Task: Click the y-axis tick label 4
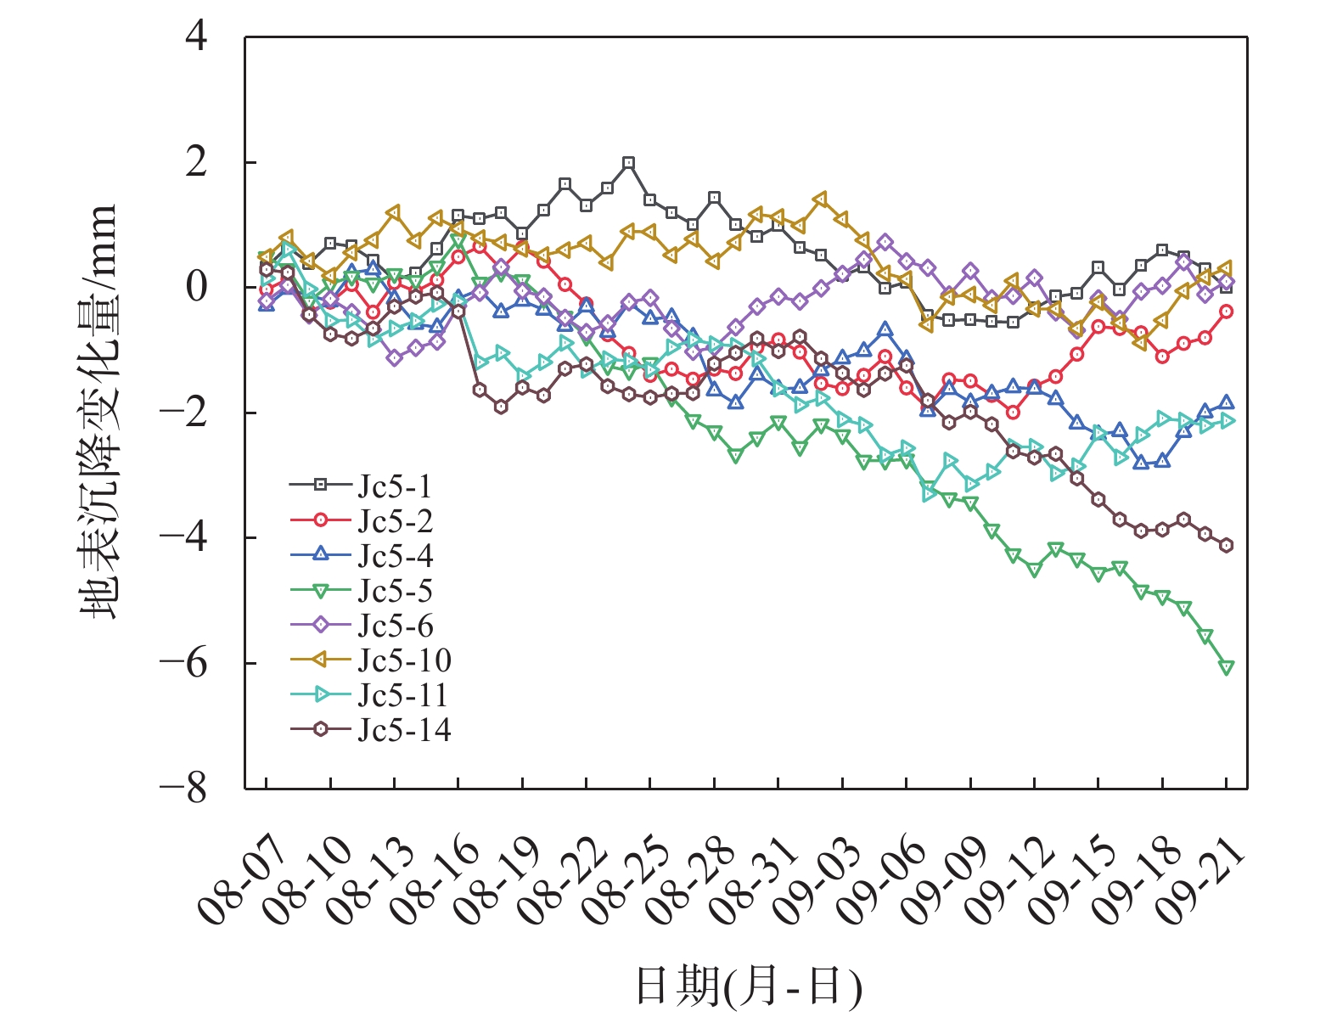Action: pyautogui.click(x=196, y=37)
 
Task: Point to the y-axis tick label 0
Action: pyautogui.click(x=196, y=288)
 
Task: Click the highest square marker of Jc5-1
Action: pyautogui.click(x=629, y=162)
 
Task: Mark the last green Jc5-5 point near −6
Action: pyautogui.click(x=1227, y=667)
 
